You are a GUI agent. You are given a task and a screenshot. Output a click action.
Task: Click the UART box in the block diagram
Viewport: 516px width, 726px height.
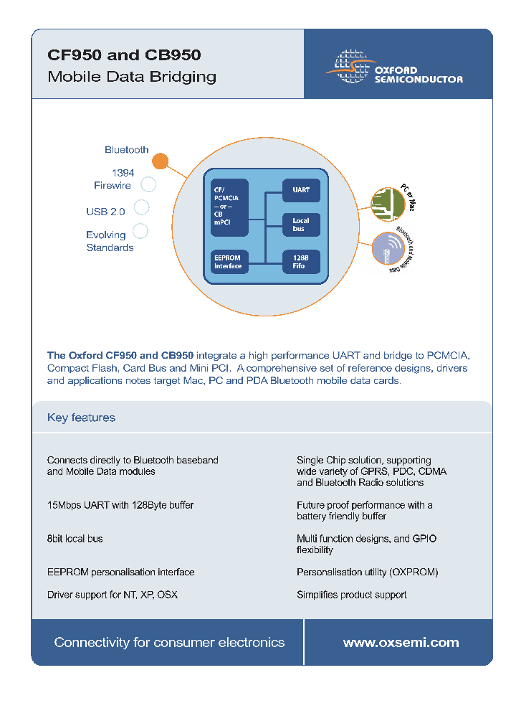coord(301,190)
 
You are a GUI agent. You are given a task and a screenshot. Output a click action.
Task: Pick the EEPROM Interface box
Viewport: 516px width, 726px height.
coord(229,261)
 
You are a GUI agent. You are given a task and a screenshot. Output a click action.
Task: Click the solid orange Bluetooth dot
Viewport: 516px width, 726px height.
coord(161,161)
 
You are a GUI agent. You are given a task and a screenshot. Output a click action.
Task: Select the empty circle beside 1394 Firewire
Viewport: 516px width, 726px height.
coord(148,184)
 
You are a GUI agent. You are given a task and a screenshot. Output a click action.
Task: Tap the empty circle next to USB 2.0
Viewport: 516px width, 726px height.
coord(142,207)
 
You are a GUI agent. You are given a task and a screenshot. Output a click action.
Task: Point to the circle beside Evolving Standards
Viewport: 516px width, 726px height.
coord(140,231)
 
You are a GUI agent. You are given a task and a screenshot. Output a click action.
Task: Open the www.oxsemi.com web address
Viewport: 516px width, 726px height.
coord(401,643)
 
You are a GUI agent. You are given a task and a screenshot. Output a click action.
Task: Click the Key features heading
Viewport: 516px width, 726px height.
coord(81,418)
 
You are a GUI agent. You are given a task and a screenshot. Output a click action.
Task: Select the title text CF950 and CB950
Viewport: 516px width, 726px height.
coord(124,55)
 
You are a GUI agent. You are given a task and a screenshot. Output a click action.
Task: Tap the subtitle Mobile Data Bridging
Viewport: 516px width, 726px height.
coord(132,77)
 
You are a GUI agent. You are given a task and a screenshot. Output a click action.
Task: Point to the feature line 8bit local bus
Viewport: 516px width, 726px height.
coord(75,539)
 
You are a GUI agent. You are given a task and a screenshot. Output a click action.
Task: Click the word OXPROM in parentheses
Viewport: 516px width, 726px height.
coord(413,572)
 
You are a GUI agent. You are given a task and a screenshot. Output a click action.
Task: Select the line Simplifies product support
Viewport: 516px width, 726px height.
coord(351,595)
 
